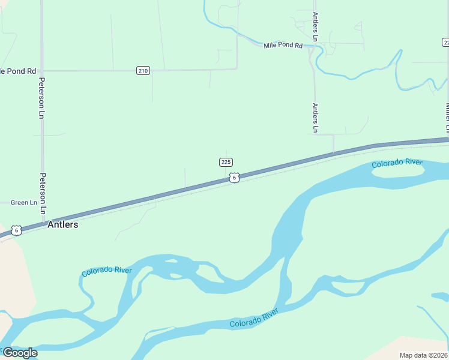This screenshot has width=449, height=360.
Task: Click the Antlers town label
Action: [x=62, y=225]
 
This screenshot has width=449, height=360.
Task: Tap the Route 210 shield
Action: [x=142, y=71]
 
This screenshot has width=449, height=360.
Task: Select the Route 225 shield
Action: [x=226, y=162]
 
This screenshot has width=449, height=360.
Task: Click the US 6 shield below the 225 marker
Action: [x=234, y=178]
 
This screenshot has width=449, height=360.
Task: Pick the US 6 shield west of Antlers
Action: [x=17, y=230]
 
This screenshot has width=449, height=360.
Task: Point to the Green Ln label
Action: [x=24, y=203]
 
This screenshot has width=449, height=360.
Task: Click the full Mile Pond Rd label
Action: [x=283, y=46]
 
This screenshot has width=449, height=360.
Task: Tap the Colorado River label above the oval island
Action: [x=397, y=163]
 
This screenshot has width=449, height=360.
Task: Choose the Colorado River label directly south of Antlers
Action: [x=106, y=271]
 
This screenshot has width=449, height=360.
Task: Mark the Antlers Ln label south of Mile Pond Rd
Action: [x=315, y=118]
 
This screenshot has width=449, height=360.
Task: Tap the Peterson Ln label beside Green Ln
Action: [x=43, y=194]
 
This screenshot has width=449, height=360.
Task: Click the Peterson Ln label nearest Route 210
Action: [x=42, y=98]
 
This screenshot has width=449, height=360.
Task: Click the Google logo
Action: [x=20, y=353]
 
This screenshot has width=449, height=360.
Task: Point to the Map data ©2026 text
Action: [x=424, y=355]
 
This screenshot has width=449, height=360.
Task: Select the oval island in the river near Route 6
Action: [x=398, y=171]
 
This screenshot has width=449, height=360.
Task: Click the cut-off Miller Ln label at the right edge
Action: [x=447, y=118]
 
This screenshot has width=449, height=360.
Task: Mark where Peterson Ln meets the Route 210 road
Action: [x=41, y=71]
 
